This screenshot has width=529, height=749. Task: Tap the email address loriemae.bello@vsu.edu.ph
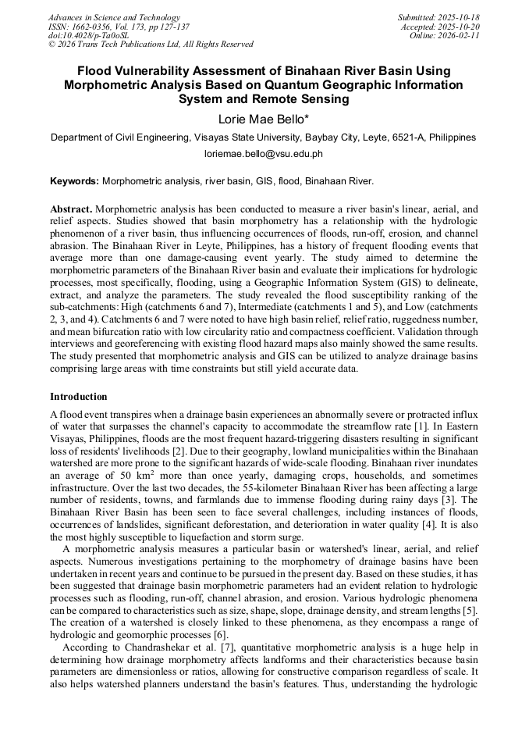tap(263, 154)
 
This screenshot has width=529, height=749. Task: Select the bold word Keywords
tap(74, 180)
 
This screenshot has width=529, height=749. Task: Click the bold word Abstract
tap(71, 210)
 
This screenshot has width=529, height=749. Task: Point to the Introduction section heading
tap(79, 397)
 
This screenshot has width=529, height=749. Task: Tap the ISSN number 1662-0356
tap(92, 27)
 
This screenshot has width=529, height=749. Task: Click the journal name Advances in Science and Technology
tap(114, 18)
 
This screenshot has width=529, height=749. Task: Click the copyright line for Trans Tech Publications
tap(151, 45)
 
